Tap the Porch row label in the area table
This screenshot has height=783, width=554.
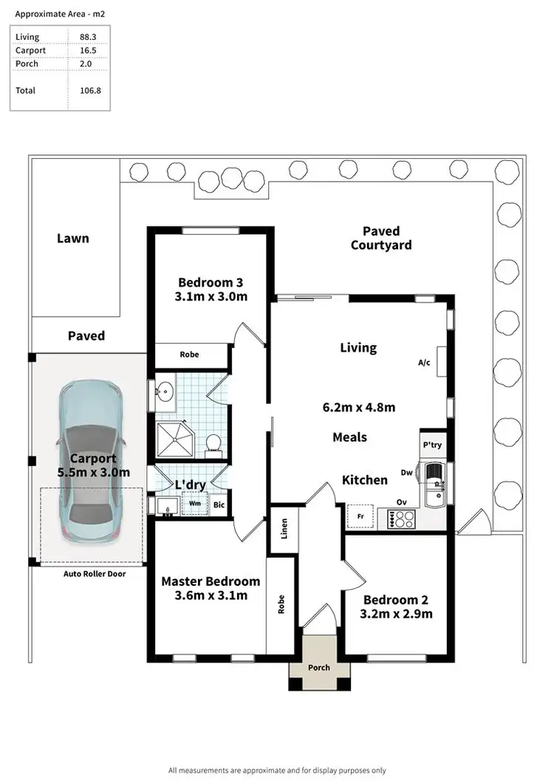[27, 64]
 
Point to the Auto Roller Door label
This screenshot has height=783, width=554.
[93, 573]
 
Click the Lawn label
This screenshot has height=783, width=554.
[73, 239]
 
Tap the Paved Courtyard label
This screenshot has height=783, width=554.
[381, 238]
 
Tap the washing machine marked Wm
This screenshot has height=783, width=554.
[195, 504]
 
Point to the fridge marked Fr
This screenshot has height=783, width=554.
[360, 516]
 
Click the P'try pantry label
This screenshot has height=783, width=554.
[431, 445]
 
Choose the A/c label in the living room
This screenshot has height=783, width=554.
[424, 363]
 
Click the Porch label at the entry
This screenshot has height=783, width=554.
[319, 668]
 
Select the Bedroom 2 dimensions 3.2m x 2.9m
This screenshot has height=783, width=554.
[396, 613]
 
